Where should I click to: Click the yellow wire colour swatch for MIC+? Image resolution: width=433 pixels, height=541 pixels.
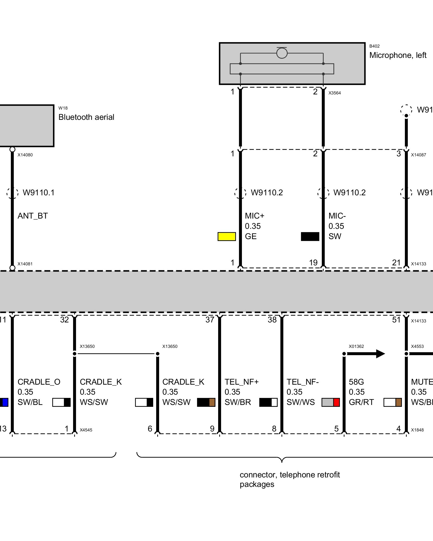click(227, 236)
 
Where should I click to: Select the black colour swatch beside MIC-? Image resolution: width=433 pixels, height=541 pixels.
click(310, 236)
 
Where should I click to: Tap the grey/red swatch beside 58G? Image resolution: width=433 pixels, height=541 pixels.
click(330, 402)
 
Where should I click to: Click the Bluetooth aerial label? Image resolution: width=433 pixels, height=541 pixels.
click(86, 117)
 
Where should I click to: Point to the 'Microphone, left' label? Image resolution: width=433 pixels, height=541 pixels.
click(398, 55)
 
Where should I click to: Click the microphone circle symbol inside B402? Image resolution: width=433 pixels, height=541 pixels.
click(282, 53)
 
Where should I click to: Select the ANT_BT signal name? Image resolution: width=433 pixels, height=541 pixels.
click(33, 216)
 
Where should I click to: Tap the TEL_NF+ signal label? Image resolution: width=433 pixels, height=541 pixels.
click(241, 382)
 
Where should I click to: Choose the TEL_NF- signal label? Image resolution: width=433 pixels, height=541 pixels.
click(303, 382)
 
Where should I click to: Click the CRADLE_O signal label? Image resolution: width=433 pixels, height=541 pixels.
click(39, 382)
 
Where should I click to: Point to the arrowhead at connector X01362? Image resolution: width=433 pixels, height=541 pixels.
click(380, 354)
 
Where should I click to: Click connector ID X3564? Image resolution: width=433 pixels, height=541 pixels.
click(334, 93)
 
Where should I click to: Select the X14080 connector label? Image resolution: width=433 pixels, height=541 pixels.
click(25, 155)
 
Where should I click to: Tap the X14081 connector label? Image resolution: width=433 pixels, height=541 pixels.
click(25, 264)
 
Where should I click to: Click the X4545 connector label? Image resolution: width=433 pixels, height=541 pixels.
click(86, 430)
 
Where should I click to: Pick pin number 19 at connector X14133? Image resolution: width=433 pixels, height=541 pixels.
click(313, 262)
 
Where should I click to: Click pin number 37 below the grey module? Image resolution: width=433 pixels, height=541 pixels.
click(210, 320)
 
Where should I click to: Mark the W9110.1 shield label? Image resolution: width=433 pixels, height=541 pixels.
click(39, 193)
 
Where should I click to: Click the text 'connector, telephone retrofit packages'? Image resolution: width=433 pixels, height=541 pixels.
click(290, 479)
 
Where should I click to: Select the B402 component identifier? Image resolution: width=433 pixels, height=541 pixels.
click(374, 46)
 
